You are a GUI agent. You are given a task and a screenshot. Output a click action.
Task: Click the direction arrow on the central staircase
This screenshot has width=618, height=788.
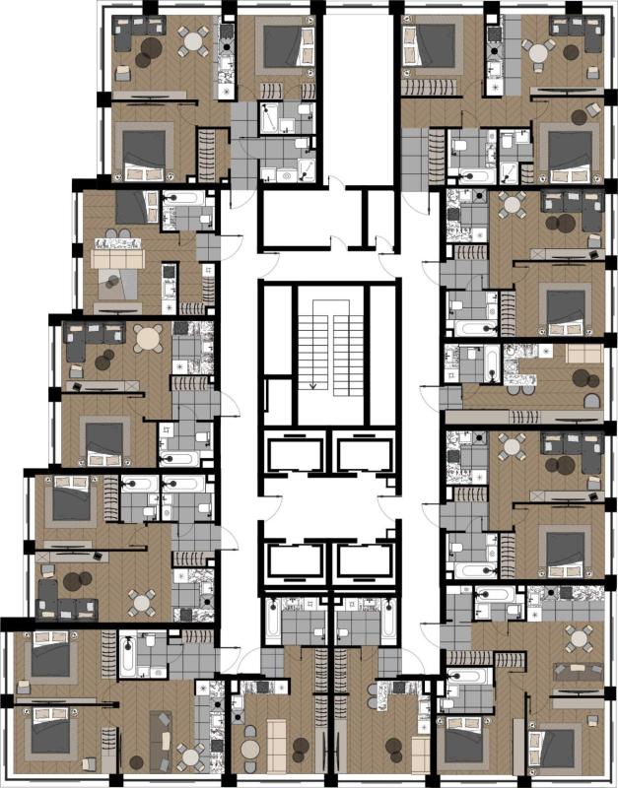pos(313,383)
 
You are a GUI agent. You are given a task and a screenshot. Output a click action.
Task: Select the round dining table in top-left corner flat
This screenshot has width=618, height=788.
pos(193,40)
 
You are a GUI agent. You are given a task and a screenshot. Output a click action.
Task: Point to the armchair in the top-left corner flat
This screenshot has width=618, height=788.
pos(124,71)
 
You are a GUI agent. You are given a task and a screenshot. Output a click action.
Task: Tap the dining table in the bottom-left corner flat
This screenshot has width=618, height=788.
pos(191,756)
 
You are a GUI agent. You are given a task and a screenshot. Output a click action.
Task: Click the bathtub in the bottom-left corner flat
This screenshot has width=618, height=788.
pos(130,654)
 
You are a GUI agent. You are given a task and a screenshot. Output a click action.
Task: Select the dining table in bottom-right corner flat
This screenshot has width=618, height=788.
pos(578,639)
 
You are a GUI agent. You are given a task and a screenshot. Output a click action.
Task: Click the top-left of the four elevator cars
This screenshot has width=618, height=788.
pos(295,456)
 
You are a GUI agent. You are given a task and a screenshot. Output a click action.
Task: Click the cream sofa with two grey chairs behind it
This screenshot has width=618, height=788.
pos(118,258)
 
